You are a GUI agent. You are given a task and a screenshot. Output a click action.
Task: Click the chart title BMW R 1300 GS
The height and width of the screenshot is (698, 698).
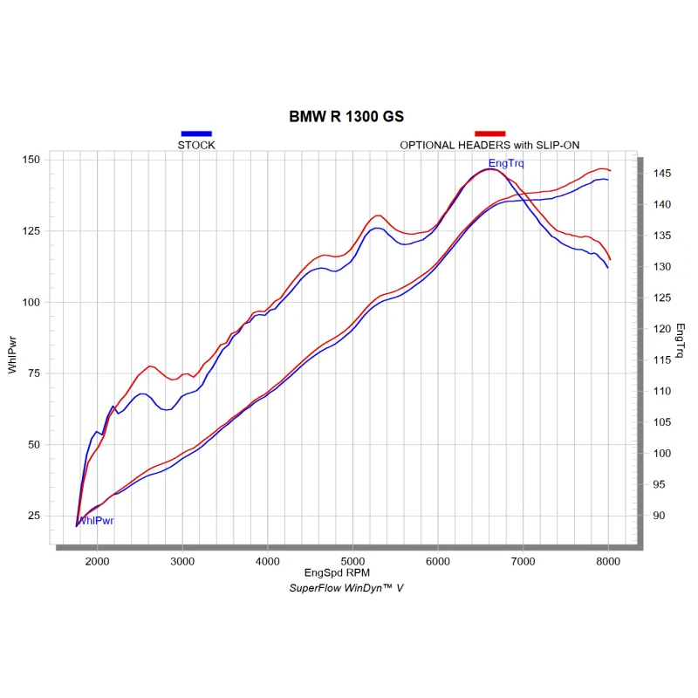346,116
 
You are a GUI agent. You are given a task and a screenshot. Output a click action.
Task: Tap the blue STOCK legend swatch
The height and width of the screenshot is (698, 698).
196,133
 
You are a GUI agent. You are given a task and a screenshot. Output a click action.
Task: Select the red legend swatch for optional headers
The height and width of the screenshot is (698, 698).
489,133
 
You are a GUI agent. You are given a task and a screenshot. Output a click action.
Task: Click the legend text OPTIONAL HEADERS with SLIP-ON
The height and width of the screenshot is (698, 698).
489,145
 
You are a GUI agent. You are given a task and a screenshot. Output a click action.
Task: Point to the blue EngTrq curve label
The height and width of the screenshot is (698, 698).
506,163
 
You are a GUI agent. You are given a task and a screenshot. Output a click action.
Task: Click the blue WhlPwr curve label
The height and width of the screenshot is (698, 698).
96,521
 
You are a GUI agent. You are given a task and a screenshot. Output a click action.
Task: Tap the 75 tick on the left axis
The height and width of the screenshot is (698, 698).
34,373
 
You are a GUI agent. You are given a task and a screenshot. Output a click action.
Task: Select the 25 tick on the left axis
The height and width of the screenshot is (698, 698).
34,515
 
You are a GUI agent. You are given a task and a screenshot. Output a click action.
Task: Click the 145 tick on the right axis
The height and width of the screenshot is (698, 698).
660,174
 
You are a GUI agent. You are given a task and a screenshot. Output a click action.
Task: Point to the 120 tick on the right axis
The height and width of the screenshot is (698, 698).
660,329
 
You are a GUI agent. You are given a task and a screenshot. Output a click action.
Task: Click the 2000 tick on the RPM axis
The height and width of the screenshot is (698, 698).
97,561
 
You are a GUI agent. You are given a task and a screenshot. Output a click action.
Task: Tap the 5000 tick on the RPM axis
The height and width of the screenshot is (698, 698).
352,561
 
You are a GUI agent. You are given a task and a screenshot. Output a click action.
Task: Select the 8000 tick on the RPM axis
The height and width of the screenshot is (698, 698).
608,561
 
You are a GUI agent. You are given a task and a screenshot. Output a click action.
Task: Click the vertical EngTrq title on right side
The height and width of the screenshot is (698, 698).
681,340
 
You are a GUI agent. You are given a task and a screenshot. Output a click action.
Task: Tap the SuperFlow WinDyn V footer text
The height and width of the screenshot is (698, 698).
346,588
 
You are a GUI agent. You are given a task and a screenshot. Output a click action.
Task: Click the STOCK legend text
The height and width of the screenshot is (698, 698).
196,145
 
